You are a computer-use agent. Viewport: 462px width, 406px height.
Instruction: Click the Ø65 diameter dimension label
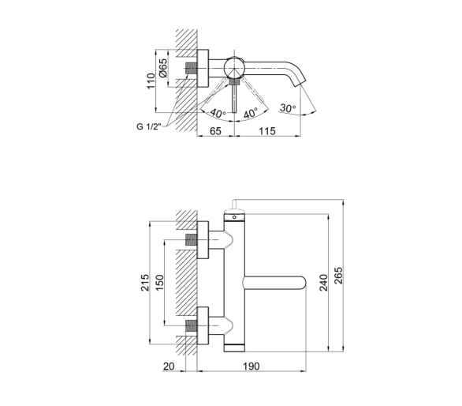[163, 68]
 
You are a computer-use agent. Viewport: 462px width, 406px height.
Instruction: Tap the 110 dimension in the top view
[151, 81]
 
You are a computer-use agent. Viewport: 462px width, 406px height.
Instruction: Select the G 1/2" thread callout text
[149, 126]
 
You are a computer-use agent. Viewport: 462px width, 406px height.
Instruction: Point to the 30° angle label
[288, 108]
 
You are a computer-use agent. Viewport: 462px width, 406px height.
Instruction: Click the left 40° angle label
[218, 113]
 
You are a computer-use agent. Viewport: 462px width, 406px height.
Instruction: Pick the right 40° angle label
[251, 112]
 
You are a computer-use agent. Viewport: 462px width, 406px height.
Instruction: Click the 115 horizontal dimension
[267, 131]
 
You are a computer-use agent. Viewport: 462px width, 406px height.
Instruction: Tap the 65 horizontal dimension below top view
[215, 131]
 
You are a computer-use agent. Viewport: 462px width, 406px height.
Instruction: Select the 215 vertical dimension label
[145, 283]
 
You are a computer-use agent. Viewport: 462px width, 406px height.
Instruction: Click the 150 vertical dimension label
[159, 283]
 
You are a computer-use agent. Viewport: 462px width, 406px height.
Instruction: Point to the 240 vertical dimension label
[323, 283]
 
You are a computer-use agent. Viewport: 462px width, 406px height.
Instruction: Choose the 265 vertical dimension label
[338, 276]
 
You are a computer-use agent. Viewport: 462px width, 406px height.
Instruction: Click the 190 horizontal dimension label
[251, 367]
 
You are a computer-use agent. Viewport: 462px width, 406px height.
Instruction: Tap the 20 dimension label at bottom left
[169, 367]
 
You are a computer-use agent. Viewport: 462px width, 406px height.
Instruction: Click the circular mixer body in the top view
[234, 67]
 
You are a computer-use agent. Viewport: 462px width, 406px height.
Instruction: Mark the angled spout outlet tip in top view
[300, 82]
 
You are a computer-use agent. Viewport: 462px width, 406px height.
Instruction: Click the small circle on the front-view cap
[234, 217]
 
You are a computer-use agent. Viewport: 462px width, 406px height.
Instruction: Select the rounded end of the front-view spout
[303, 283]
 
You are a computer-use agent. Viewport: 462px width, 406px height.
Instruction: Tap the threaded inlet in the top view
[191, 68]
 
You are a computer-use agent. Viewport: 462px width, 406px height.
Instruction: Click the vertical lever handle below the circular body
[234, 98]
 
